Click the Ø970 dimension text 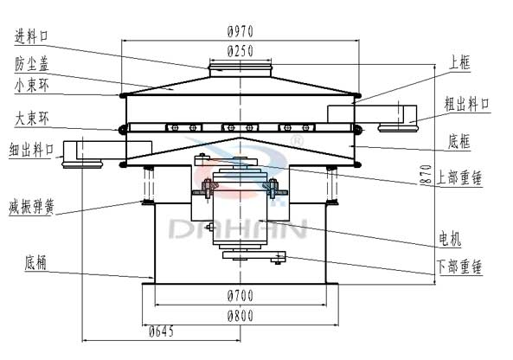click(x=240, y=31)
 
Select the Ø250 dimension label click(x=240, y=51)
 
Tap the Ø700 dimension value click(x=240, y=296)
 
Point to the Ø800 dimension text click(x=240, y=316)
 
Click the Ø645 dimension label click(x=161, y=331)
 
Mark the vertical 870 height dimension click(x=426, y=175)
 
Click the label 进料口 click(x=31, y=36)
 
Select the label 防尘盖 click(x=31, y=64)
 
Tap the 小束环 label click(x=31, y=86)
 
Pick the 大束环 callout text click(x=31, y=119)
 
